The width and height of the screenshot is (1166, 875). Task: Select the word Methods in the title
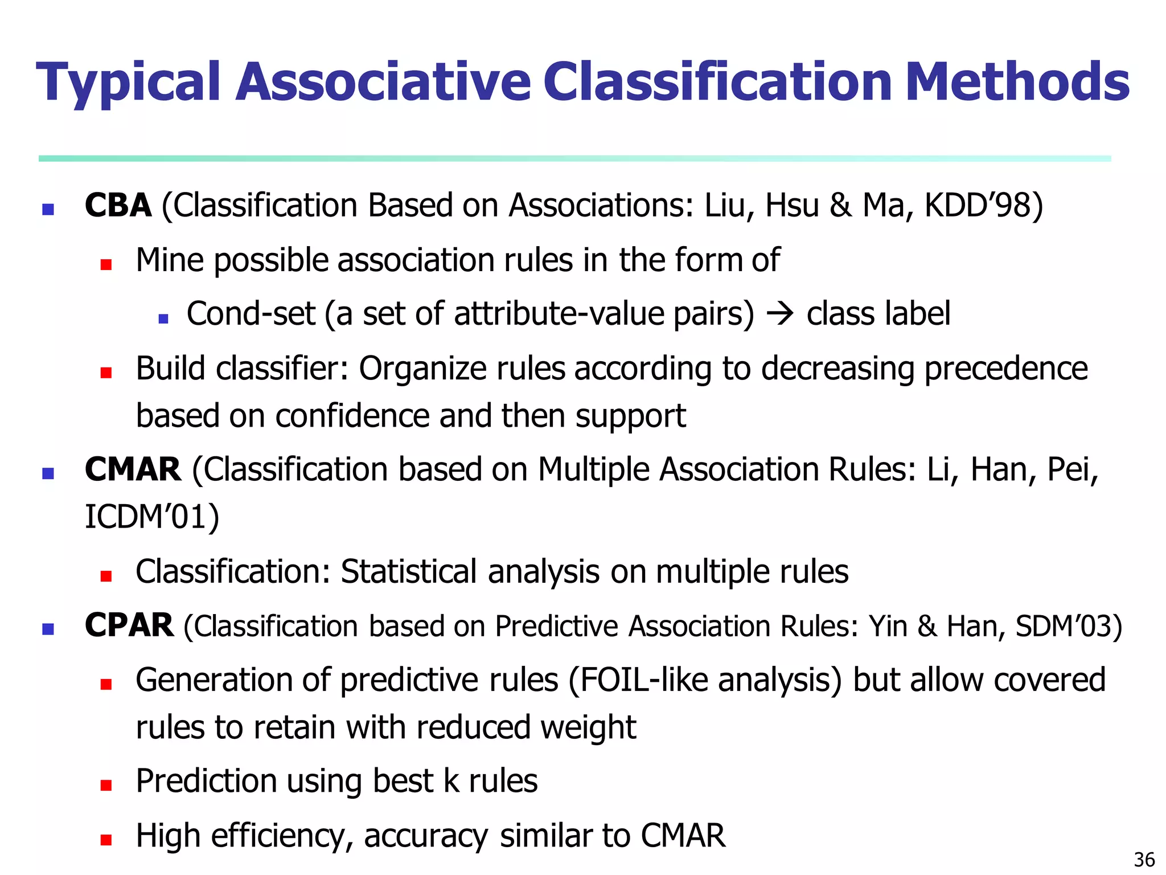click(1017, 83)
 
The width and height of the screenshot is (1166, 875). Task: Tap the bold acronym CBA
click(118, 206)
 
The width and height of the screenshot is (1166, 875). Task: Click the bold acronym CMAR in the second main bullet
click(133, 470)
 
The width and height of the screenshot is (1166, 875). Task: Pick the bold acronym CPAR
click(129, 625)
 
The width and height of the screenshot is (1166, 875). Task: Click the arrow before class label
click(780, 314)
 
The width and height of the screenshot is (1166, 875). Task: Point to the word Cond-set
click(251, 314)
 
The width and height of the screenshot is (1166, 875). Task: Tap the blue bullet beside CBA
click(48, 209)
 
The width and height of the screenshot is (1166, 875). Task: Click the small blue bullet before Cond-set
click(163, 319)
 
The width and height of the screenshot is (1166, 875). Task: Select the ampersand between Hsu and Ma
click(840, 206)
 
